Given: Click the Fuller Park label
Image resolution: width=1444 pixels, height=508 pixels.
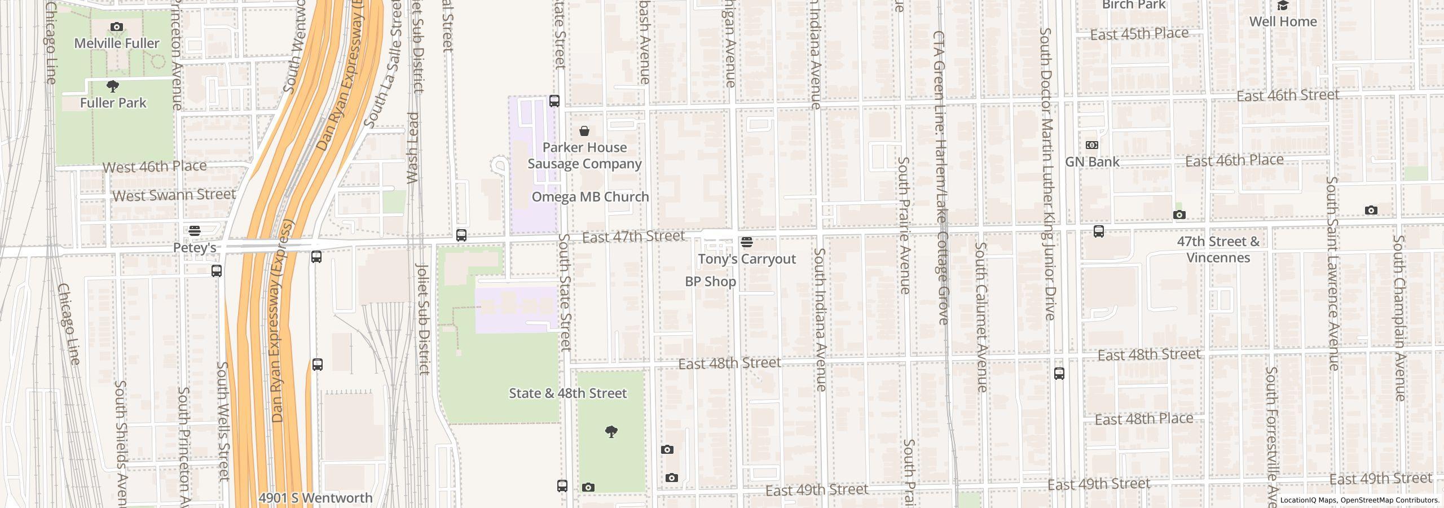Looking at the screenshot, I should (113, 103).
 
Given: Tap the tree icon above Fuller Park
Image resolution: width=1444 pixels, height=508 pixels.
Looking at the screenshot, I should (113, 86).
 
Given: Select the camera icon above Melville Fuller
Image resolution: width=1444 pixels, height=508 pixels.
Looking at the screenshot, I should (117, 27).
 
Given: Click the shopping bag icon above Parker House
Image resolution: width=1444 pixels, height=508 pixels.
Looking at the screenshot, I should (584, 131).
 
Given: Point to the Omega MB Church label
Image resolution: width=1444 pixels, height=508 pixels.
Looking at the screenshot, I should (590, 197).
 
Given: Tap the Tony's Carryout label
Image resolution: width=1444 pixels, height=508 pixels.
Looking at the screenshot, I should (747, 259).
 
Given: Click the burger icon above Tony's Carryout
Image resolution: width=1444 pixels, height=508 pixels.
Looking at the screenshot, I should (747, 243).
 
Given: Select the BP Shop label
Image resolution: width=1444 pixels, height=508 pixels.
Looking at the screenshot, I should (710, 282).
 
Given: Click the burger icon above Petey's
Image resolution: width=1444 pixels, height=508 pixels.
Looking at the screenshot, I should (195, 231).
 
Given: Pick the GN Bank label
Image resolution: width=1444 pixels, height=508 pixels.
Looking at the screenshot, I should (1092, 162).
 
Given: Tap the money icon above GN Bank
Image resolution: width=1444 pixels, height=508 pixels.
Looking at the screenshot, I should (1092, 145).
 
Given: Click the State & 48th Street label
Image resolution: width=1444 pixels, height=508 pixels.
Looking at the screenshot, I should (567, 393).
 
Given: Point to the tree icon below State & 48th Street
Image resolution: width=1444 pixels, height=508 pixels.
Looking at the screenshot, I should (611, 432).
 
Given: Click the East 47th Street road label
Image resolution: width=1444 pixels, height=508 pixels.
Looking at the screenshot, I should (633, 237).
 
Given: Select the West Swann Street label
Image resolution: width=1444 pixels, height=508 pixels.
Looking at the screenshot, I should (174, 195).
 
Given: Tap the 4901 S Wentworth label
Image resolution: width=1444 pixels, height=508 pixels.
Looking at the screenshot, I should (315, 498).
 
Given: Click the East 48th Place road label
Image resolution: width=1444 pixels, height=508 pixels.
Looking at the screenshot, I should (1144, 419).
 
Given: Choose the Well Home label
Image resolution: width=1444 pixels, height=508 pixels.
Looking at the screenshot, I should (1283, 21).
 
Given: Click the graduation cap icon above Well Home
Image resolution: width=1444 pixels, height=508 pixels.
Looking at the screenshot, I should (1283, 6).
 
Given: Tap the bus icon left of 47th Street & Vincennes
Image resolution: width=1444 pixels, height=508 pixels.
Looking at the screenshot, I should (1099, 231).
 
